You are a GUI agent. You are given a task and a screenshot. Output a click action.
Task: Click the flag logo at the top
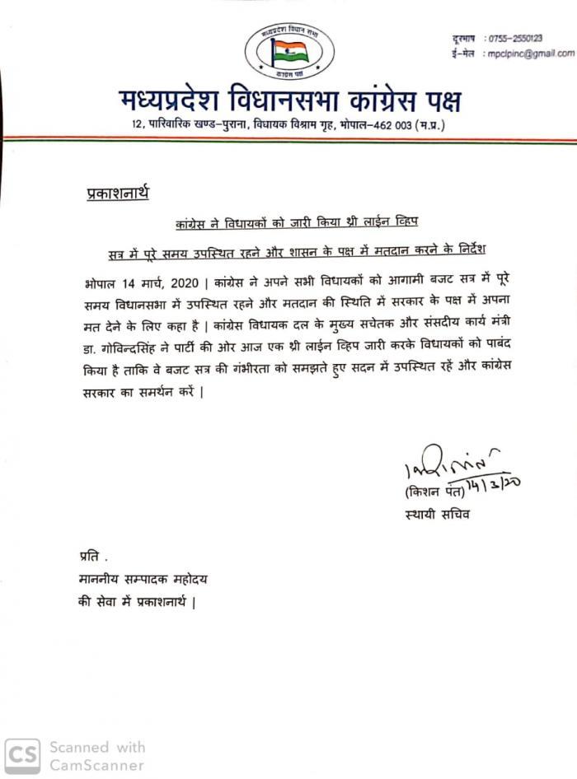289,52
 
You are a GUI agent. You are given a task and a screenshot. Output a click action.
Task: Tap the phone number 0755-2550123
514,39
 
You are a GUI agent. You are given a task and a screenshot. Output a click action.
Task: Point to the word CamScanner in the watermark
97,764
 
